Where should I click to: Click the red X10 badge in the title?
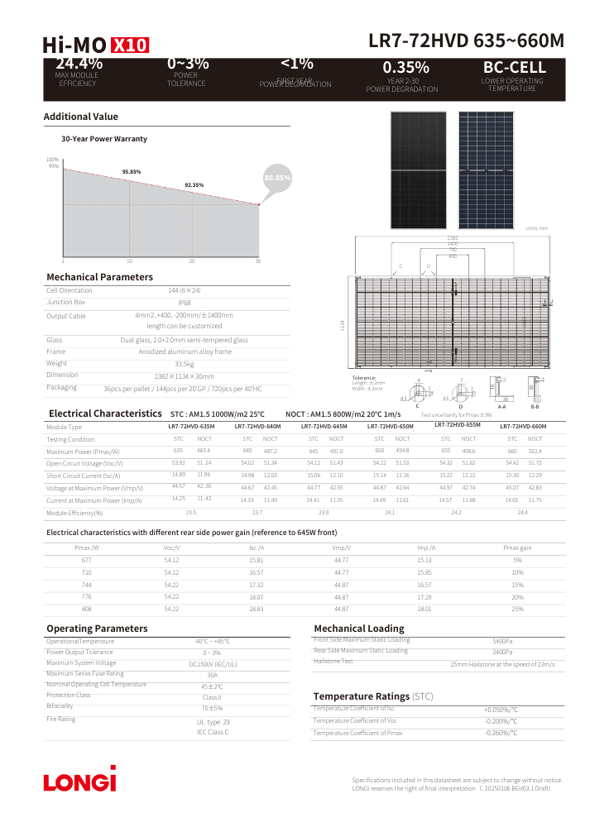[x=129, y=45]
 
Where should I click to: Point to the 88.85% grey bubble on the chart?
[x=277, y=178]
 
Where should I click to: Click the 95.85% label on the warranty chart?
[x=132, y=171]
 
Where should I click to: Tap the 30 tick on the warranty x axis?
[x=258, y=261]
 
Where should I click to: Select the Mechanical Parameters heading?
[x=99, y=277]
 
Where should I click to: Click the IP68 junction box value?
[x=185, y=303]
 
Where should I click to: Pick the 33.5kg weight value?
[x=185, y=363]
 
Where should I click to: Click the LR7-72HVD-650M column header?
[x=391, y=426]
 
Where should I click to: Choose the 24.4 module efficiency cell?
[x=522, y=513]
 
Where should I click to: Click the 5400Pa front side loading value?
[x=502, y=641]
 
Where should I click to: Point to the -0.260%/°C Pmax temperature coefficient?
[x=501, y=733]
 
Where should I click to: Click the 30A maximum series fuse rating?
[x=212, y=675]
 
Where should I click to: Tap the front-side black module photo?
[x=419, y=170]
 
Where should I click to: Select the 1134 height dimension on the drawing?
[x=342, y=327]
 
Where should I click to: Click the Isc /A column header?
[x=257, y=548]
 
